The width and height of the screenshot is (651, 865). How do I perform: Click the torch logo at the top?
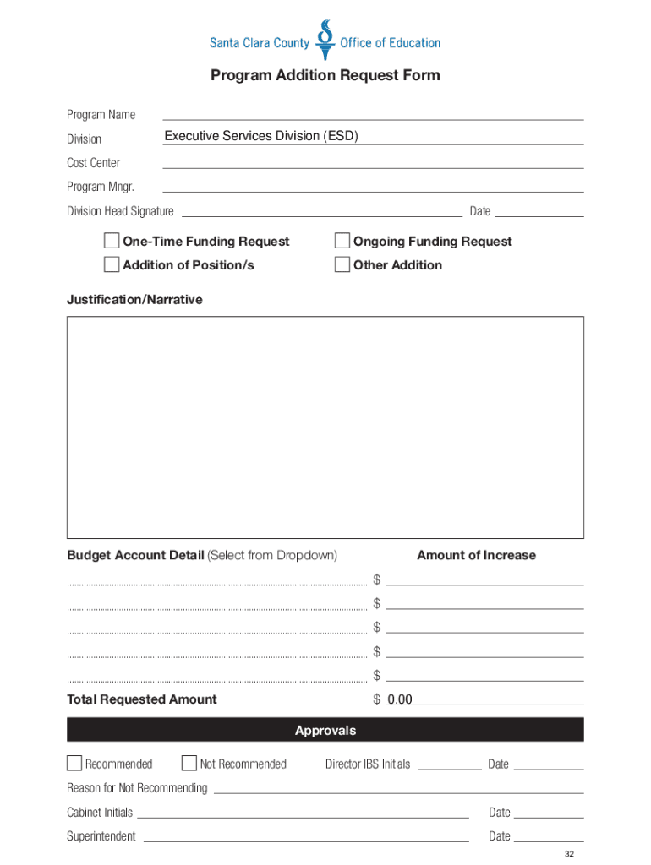coord(325,40)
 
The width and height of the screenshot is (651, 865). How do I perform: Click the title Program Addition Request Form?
coord(325,76)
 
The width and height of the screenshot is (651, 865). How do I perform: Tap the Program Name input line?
coord(372,114)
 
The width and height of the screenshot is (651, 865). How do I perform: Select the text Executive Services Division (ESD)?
coord(261,136)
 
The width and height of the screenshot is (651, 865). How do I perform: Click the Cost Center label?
coord(94,163)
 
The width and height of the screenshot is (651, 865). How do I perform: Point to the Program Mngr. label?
coord(101,187)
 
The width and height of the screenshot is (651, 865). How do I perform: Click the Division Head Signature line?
coord(321,211)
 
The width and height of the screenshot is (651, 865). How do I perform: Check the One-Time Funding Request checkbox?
coord(112,242)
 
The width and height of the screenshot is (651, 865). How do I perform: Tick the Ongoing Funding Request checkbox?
coord(342,242)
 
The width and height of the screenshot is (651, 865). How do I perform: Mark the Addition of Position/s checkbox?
coord(112,265)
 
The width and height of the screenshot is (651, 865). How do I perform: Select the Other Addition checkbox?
coord(342,265)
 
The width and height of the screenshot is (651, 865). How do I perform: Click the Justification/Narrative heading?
coord(134,300)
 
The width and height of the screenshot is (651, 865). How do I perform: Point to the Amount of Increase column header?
coord(476,555)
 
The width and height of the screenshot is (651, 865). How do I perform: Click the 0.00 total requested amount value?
coord(399,699)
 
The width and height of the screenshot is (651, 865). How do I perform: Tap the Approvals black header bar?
coord(325,731)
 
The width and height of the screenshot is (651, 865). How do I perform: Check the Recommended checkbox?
coord(74,764)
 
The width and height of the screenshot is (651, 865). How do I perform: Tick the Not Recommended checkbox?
coord(189,764)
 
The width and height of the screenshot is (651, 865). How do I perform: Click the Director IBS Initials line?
coord(449,764)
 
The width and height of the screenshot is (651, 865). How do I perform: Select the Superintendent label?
coord(101,836)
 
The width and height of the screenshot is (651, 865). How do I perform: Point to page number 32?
coord(570,854)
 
